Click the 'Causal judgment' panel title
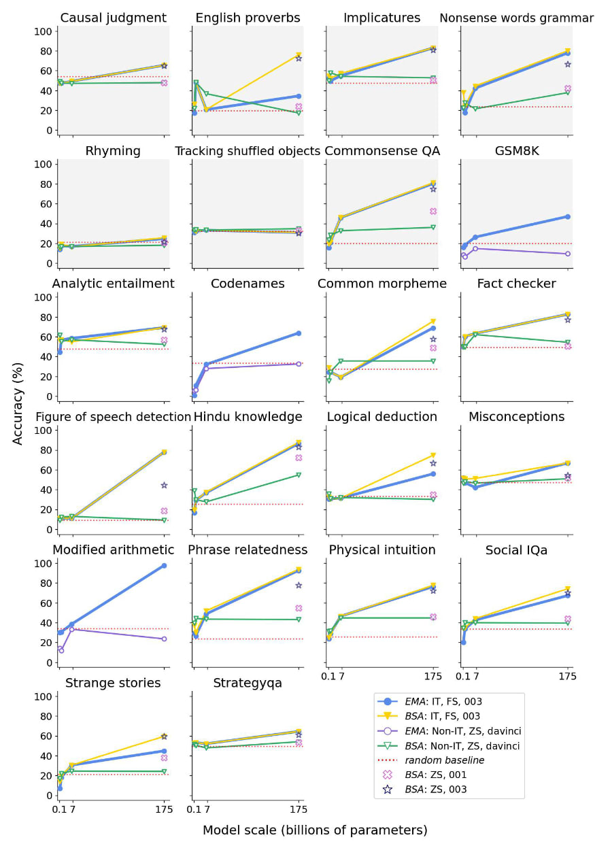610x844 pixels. [x=113, y=18]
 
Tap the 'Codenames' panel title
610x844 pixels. [x=246, y=284]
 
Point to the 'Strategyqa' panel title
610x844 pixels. [x=247, y=683]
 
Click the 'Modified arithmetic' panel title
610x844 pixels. [x=113, y=550]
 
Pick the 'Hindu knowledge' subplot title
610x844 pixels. [x=248, y=416]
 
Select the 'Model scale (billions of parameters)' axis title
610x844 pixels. [x=315, y=830]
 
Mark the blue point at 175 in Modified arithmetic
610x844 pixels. [x=164, y=566]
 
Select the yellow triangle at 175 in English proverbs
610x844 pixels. [x=299, y=55]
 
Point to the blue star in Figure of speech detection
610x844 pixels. [x=164, y=485]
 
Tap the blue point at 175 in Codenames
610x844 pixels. [x=299, y=333]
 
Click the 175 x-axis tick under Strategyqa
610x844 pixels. [x=299, y=809]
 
